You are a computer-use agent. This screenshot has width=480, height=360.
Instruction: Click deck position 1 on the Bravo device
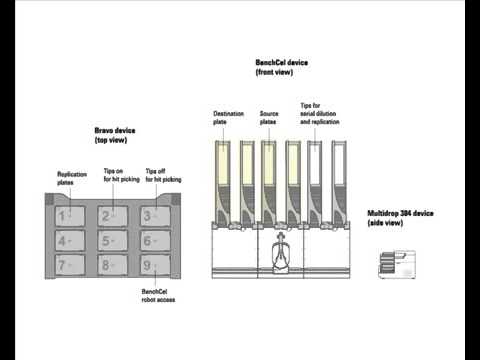point(69,215)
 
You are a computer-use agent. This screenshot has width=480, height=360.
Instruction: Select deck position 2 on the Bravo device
point(112,215)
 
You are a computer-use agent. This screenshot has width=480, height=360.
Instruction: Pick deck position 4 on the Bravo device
point(69,241)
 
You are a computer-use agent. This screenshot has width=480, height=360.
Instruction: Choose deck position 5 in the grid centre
point(112,241)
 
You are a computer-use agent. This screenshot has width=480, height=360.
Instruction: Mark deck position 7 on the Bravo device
point(69,267)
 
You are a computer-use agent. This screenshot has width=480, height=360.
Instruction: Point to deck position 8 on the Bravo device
point(112,267)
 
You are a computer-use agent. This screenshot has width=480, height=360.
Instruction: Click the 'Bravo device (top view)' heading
point(116,135)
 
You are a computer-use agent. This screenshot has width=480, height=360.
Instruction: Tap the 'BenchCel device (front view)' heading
point(281,66)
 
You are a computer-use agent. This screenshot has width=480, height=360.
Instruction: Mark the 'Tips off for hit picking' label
point(162,175)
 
